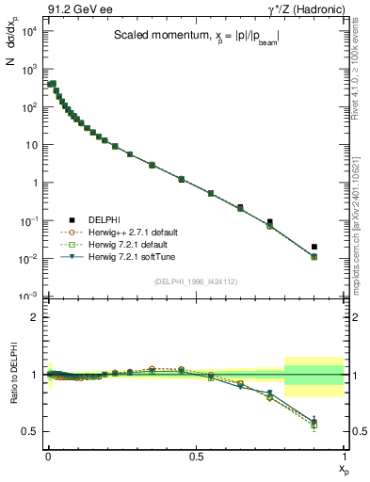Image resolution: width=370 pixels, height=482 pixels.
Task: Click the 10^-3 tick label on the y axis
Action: click(x=29, y=297)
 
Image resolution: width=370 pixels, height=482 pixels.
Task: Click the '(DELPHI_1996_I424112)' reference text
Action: click(x=196, y=281)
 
